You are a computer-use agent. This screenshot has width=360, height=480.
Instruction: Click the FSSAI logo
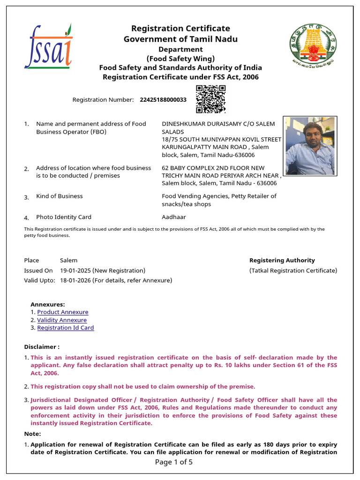(x=48, y=46)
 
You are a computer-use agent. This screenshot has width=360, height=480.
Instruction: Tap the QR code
(x=210, y=99)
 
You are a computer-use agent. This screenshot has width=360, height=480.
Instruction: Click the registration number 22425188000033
(x=163, y=100)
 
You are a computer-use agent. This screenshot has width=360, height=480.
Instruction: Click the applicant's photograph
(x=309, y=146)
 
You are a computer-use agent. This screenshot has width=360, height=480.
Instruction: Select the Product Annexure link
(x=63, y=312)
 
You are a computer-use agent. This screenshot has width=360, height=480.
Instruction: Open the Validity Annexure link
(x=62, y=320)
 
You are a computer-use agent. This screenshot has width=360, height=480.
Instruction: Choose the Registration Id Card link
(x=66, y=328)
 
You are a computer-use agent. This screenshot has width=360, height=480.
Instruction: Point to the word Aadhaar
(x=174, y=217)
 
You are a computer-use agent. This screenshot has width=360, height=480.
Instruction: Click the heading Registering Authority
(x=282, y=260)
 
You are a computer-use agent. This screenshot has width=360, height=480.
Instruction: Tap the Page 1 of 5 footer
(x=173, y=462)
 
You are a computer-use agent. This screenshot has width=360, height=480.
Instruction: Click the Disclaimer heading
(x=42, y=347)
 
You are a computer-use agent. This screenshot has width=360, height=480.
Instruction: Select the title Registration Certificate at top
(x=180, y=29)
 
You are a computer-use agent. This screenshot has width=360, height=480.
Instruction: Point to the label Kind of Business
(x=60, y=196)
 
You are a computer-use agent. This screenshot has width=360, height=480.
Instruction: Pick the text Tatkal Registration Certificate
(x=293, y=270)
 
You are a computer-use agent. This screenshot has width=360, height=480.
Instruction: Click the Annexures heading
(x=48, y=304)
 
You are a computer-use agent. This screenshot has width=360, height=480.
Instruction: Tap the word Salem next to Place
(x=68, y=260)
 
